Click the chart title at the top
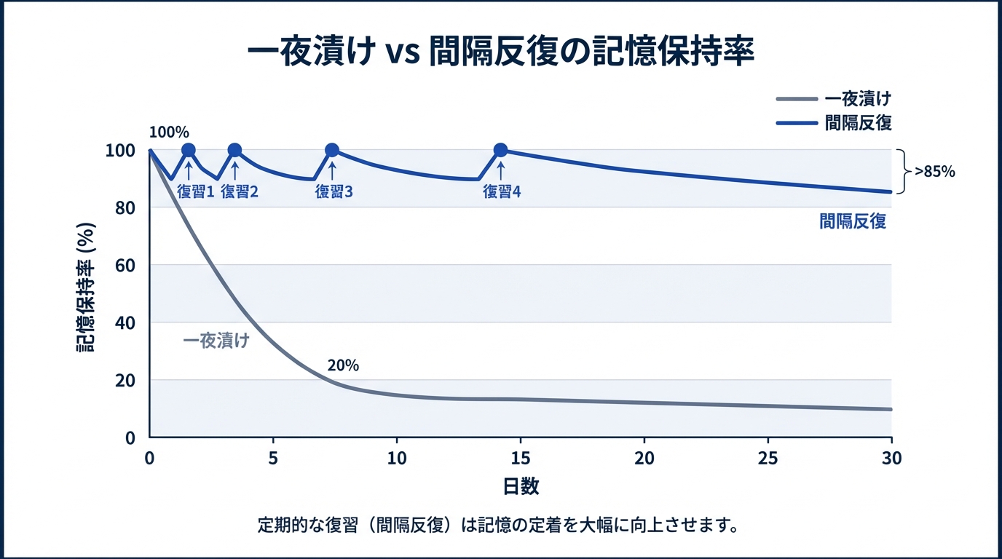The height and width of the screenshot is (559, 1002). pos(500,53)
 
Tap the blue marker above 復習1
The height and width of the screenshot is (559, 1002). pos(188,151)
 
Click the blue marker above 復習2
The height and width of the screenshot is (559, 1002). pos(234,151)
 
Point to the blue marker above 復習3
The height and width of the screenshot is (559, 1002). pos(332,151)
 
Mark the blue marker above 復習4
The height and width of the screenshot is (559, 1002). pos(500,151)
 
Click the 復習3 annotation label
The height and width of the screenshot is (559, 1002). pos(334,192)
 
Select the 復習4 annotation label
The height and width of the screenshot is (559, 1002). pos(502,192)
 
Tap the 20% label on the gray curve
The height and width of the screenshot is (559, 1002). pos(344,365)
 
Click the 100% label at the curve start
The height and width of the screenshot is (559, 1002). pos(169,132)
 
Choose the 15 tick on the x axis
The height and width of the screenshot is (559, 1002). pos(521,459)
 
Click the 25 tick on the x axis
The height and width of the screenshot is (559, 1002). pos(768,459)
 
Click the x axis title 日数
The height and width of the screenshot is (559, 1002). pos(521,486)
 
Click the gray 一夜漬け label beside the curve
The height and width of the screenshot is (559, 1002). pos(216,341)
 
